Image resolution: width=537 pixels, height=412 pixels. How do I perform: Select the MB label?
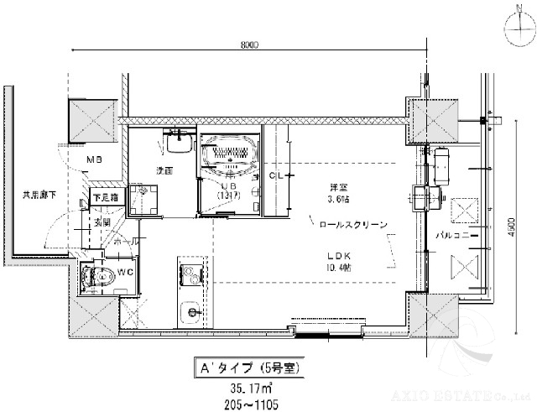[x=95, y=159]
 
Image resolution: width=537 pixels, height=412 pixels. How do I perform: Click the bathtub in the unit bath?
[x=230, y=155]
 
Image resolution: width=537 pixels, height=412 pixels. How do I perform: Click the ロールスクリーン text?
[x=352, y=225]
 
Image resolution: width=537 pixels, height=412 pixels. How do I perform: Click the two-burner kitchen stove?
[x=190, y=274]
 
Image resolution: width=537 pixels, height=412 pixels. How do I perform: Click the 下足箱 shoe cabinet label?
[x=105, y=197]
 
